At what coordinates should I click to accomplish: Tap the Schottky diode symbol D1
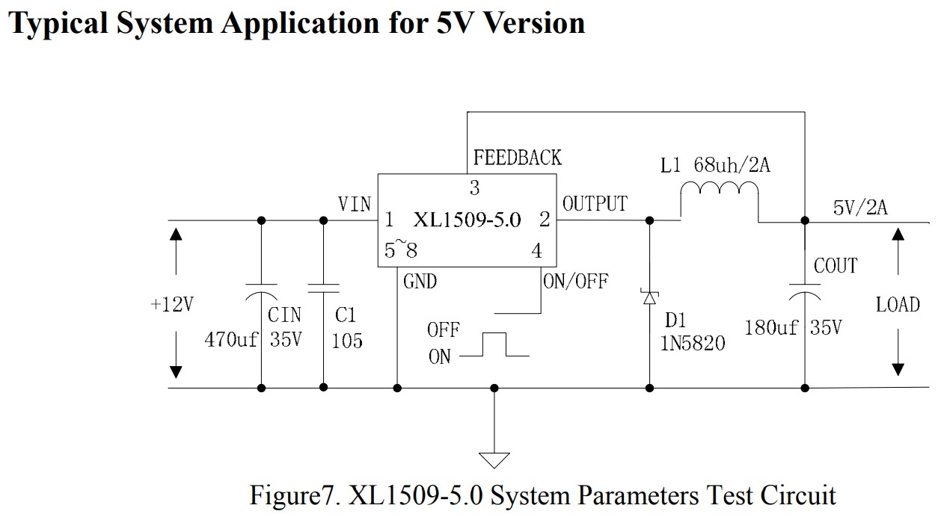click(649, 297)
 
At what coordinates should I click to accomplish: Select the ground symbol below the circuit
click(494, 457)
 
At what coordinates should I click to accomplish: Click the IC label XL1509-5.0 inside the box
click(467, 221)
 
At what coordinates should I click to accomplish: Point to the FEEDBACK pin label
click(517, 158)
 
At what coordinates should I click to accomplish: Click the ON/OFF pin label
click(576, 281)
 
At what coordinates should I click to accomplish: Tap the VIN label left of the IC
click(355, 204)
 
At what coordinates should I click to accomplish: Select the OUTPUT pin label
click(595, 204)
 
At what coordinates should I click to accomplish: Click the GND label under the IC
click(420, 282)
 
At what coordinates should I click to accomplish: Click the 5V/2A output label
click(860, 208)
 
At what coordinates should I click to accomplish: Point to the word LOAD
click(898, 305)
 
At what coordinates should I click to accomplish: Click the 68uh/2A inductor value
click(732, 165)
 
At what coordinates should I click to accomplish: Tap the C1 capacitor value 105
click(346, 341)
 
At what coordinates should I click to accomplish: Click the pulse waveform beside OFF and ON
click(494, 345)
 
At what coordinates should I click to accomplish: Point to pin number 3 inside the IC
click(474, 187)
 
